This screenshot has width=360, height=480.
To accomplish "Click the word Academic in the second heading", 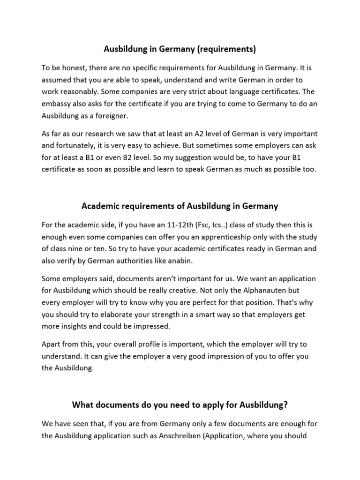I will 101,206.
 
